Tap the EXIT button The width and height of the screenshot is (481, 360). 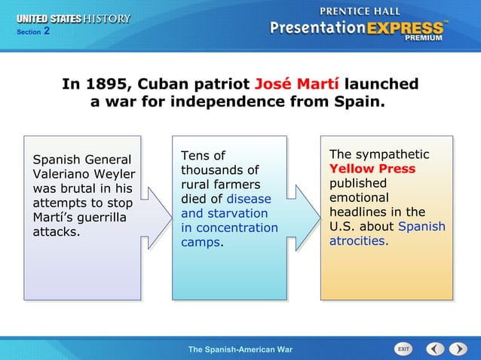(404, 349)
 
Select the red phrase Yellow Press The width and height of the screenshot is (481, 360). (372, 169)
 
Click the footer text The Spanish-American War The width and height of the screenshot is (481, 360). (240, 349)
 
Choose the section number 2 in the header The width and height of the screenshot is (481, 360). (46, 32)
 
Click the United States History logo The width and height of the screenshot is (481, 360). (73, 19)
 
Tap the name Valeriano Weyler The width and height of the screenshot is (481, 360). (84, 174)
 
